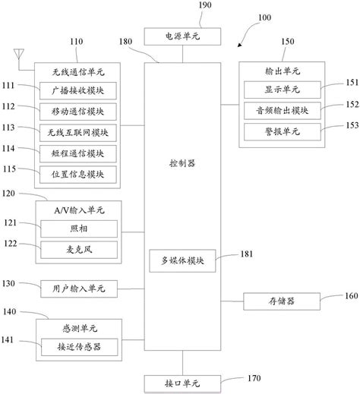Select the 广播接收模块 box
(x=79, y=89)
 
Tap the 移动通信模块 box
(x=79, y=110)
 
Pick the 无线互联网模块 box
(x=79, y=131)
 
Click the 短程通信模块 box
(x=79, y=152)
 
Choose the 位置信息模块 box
(x=79, y=173)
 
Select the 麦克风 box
(x=79, y=248)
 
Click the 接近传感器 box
(x=79, y=347)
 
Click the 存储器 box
(x=279, y=301)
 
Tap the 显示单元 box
(x=281, y=90)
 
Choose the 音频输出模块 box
(x=281, y=110)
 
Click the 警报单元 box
(x=281, y=131)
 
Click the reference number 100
(x=264, y=17)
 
